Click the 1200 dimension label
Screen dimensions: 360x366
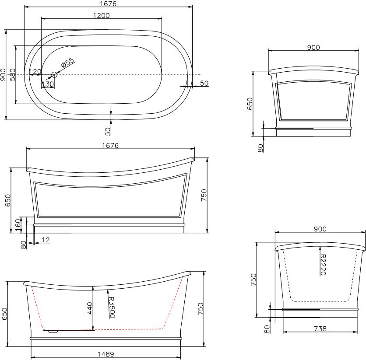[x=101, y=15]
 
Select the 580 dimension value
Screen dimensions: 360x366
[x=13, y=74]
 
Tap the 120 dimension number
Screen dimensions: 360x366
[x=35, y=72]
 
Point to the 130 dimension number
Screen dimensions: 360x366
[x=48, y=84]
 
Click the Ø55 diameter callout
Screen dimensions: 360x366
[x=68, y=63]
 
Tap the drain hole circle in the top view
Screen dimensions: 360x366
[x=54, y=75]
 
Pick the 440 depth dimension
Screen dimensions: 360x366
[x=89, y=308]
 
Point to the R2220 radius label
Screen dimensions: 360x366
[x=323, y=265]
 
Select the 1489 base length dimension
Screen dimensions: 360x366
[x=106, y=354]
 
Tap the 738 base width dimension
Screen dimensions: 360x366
[x=320, y=329]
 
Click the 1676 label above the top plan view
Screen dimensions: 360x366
[x=108, y=4]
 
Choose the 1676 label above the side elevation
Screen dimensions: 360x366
[x=110, y=146]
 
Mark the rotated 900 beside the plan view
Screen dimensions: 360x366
[x=3, y=74]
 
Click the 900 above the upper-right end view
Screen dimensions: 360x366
[x=313, y=48]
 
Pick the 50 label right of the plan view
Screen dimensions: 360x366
[x=204, y=83]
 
